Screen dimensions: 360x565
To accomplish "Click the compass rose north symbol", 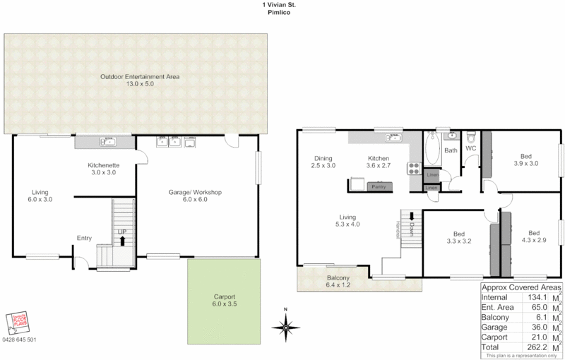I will pos(285,325).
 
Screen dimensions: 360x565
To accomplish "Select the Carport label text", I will pos(224,301).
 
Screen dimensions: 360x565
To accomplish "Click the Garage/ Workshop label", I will pos(195,196).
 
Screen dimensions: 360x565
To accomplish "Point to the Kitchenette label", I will pos(103,168).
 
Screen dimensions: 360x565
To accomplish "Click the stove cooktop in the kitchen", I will pos(413,169).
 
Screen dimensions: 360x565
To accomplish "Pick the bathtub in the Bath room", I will pos(432,150).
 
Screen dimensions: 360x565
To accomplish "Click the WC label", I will pos(471,148).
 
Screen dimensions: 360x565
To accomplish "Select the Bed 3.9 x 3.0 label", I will pos(525,160).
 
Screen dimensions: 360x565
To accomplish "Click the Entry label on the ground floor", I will pos(84,238).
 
